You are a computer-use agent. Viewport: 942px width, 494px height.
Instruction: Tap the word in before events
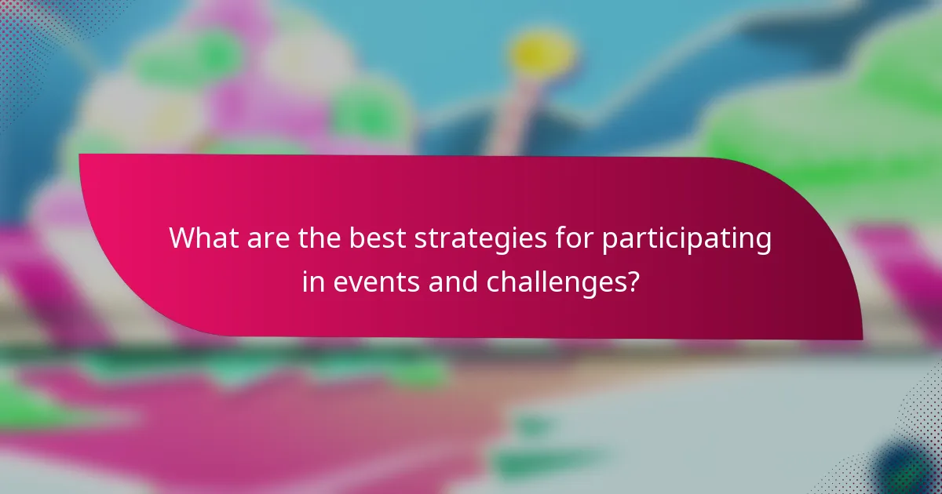pyautogui.click(x=312, y=282)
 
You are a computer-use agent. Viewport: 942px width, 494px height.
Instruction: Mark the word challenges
pyautogui.click(x=553, y=282)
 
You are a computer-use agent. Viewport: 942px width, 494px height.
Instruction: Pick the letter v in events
pyautogui.click(x=356, y=283)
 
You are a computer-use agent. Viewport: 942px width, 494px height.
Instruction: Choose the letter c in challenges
pyautogui.click(x=493, y=283)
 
